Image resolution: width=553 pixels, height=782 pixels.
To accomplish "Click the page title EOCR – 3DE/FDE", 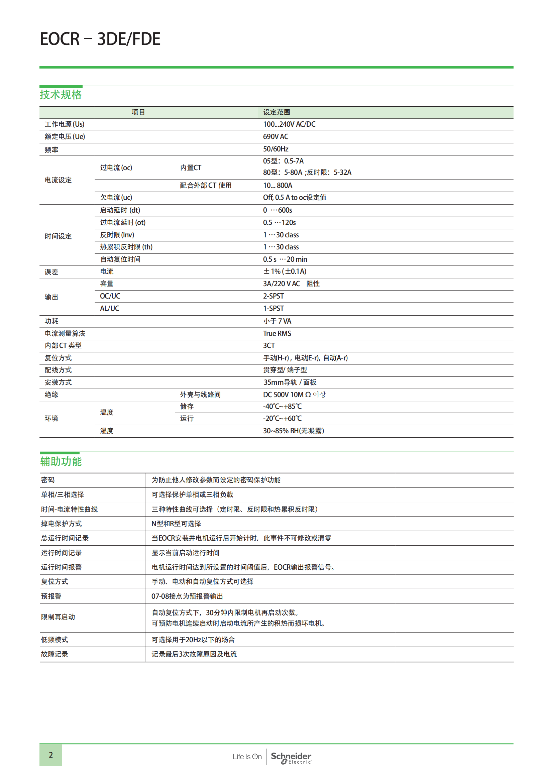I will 100,39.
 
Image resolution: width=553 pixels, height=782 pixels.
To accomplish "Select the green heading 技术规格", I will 61,94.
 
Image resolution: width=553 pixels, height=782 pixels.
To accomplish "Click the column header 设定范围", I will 276,112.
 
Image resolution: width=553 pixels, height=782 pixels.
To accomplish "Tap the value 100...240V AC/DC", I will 289,124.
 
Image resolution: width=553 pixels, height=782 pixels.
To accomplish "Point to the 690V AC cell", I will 275,137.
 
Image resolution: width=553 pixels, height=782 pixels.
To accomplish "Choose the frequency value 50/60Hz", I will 275,149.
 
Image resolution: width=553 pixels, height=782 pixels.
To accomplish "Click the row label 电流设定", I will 58,180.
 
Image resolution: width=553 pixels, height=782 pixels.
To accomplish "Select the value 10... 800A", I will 277,185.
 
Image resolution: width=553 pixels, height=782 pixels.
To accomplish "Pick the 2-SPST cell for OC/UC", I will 273,296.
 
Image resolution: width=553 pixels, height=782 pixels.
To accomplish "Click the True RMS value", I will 277,333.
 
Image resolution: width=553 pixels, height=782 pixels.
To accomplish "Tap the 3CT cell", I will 269,345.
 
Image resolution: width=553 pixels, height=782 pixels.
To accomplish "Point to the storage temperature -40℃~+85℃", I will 282,406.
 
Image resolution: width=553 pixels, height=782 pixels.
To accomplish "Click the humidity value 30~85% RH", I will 293,431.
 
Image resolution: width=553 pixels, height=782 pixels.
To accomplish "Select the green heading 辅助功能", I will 61,461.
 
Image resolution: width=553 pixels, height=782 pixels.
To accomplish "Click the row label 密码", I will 48,480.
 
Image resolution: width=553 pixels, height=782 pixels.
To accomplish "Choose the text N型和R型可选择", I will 176,524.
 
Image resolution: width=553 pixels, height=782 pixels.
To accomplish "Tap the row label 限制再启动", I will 58,617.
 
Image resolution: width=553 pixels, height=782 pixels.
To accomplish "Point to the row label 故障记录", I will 54,654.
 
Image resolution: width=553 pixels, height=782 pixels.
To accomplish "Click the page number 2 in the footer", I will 51,755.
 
